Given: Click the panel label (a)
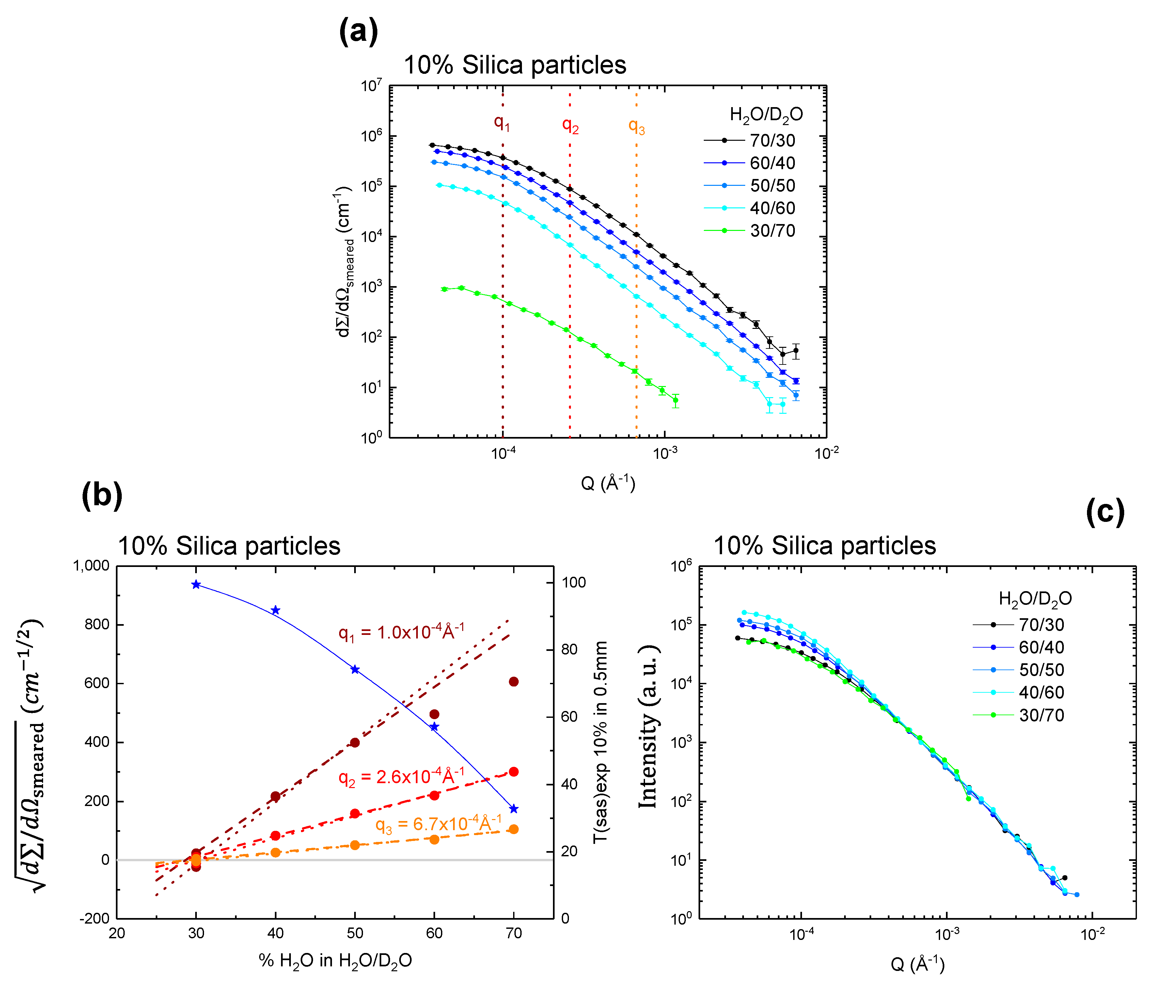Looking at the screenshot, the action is click(x=358, y=32).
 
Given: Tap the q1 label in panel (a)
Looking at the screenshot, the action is click(x=502, y=123).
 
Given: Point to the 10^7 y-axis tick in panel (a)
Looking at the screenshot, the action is click(x=371, y=86).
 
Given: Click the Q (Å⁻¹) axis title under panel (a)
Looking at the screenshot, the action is click(x=608, y=483).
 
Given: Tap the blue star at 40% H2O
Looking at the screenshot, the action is click(x=275, y=610).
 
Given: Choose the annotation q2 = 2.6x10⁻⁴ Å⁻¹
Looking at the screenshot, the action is click(x=401, y=777).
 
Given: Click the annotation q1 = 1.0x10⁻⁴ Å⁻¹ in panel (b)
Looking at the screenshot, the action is click(x=401, y=632).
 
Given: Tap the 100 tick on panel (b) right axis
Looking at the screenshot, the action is click(x=574, y=582).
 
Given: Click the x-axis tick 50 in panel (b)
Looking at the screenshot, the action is click(x=355, y=933).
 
